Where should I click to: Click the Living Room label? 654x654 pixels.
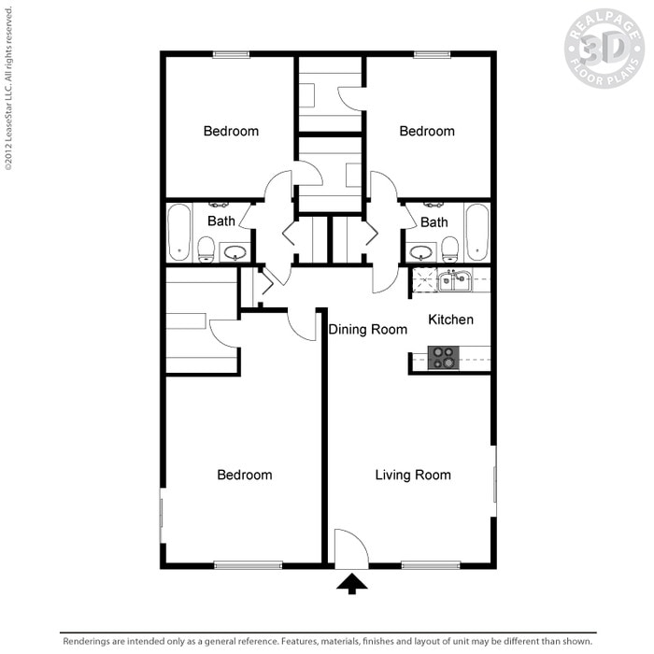pyautogui.click(x=413, y=475)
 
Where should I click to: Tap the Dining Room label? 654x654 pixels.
pyautogui.click(x=368, y=329)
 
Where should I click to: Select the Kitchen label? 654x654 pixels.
pyautogui.click(x=450, y=320)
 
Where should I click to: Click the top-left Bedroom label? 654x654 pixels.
pyautogui.click(x=231, y=131)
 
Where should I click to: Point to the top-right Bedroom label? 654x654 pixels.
pyautogui.click(x=427, y=131)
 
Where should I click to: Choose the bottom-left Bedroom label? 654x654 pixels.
pyautogui.click(x=245, y=475)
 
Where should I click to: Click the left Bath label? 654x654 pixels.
pyautogui.click(x=221, y=221)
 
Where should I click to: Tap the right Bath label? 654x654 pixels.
pyautogui.click(x=434, y=221)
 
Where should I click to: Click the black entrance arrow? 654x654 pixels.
pyautogui.click(x=352, y=583)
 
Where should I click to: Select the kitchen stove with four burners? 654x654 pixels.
pyautogui.click(x=442, y=357)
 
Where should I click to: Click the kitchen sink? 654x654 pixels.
pyautogui.click(x=454, y=279)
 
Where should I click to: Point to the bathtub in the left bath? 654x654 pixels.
pyautogui.click(x=179, y=233)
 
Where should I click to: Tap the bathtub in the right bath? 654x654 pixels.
pyautogui.click(x=476, y=233)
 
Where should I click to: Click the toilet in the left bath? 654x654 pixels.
pyautogui.click(x=206, y=249)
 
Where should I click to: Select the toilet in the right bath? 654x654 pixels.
pyautogui.click(x=450, y=248)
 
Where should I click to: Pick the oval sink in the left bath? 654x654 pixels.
pyautogui.click(x=235, y=251)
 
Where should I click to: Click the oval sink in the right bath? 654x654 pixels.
pyautogui.click(x=421, y=251)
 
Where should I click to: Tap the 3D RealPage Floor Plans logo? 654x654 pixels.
pyautogui.click(x=604, y=49)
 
